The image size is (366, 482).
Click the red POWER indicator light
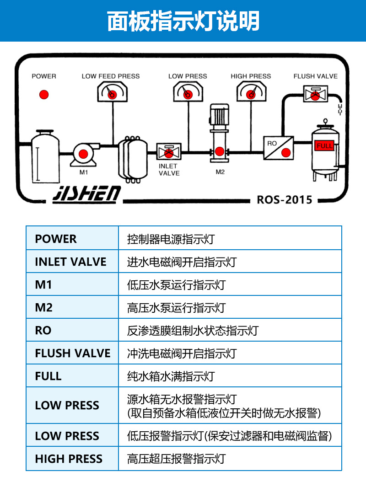click(x=44, y=95)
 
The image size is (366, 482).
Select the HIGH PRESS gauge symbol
click(x=251, y=94)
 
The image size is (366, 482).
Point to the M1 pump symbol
click(x=84, y=155)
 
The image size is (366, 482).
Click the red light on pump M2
click(x=219, y=151)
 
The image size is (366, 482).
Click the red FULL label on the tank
click(x=324, y=146)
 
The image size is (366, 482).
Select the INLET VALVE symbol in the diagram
click(x=169, y=151)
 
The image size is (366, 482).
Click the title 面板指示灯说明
click(x=183, y=21)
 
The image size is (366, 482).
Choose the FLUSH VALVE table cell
click(x=72, y=353)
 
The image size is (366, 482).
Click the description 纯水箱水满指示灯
click(x=171, y=376)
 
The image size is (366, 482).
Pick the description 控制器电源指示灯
click(x=171, y=239)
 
